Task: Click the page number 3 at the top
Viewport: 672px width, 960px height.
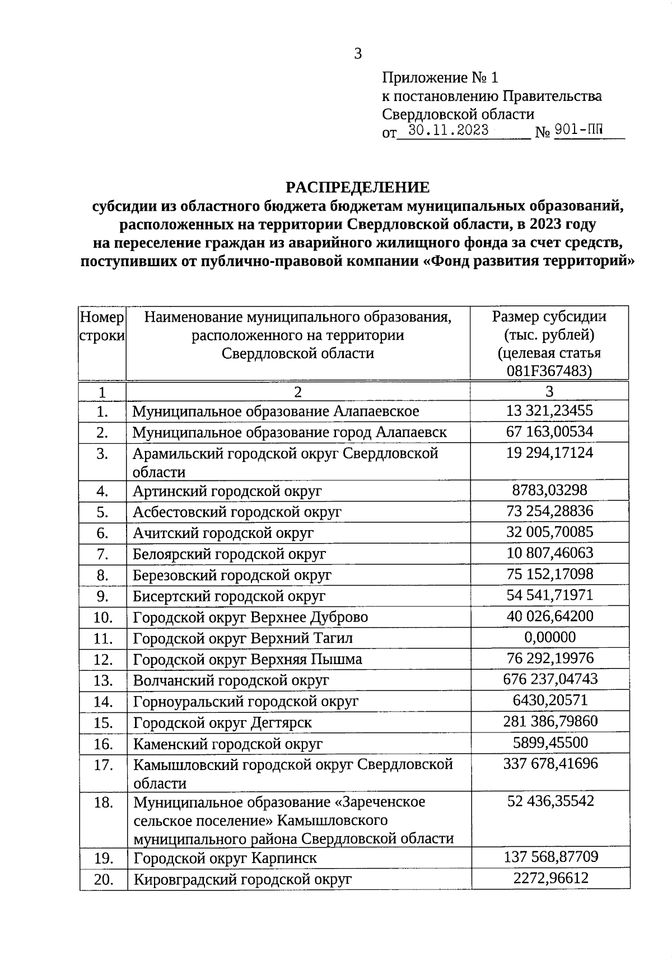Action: click(x=358, y=54)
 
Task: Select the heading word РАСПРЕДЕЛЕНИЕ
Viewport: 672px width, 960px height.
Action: click(x=358, y=187)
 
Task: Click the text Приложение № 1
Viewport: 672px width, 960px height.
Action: click(x=440, y=77)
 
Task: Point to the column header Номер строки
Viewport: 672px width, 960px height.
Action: click(x=102, y=327)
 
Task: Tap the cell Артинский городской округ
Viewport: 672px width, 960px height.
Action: click(x=227, y=491)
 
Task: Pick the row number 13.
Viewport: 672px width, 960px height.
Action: click(x=103, y=681)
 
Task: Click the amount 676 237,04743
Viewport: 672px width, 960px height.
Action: click(x=550, y=679)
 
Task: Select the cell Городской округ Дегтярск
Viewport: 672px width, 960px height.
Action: click(x=222, y=723)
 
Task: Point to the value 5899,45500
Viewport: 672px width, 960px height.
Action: click(x=550, y=743)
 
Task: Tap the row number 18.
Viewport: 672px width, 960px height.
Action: click(x=103, y=803)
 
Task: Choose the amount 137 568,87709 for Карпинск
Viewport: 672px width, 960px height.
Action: click(x=550, y=857)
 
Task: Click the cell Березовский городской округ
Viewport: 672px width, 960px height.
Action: click(x=231, y=576)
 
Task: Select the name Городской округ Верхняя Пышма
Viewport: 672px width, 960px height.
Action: click(x=247, y=660)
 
